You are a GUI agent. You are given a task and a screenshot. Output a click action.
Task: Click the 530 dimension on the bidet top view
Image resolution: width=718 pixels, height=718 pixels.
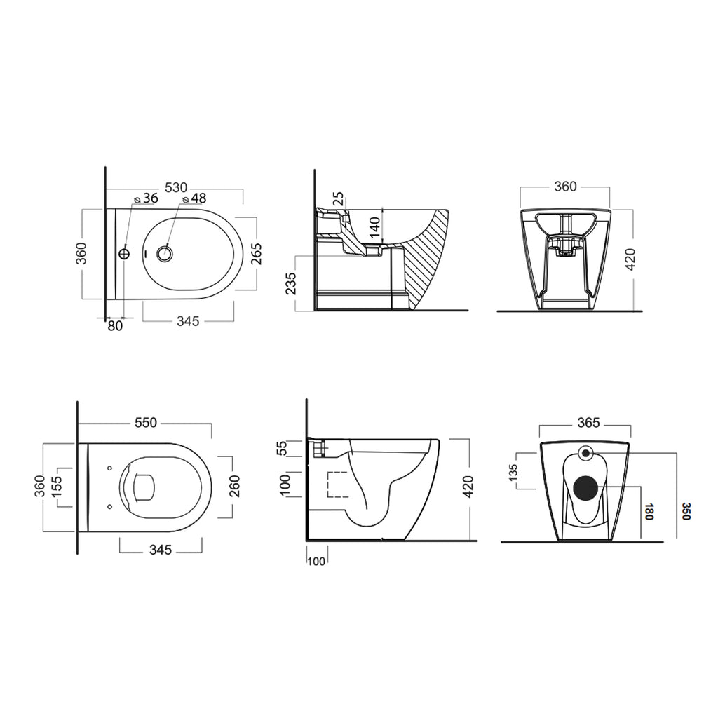[x=175, y=187]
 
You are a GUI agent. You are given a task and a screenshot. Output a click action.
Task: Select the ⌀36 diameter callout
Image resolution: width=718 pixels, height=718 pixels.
[x=145, y=198]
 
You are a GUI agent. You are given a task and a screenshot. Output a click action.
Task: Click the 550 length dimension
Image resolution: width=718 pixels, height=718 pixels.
[x=147, y=423]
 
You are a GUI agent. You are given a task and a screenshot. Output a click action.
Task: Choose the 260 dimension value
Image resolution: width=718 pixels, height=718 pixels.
[x=234, y=486]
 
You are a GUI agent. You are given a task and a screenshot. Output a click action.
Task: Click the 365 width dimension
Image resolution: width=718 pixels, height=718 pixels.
[x=588, y=423]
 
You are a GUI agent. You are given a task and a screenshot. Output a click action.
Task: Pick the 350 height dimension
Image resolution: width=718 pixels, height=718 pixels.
[x=686, y=513]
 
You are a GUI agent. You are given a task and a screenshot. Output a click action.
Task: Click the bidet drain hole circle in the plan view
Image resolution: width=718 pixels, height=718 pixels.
[x=165, y=254]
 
